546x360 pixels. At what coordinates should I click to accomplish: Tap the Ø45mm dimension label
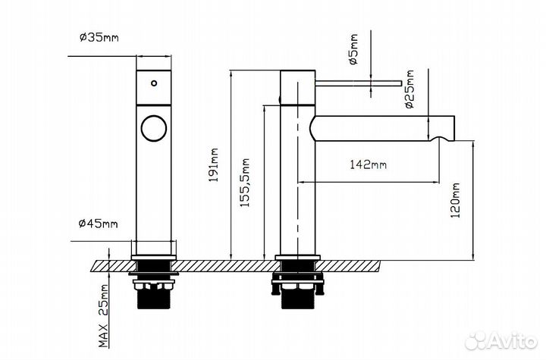99,223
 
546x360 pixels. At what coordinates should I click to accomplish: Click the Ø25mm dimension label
409,90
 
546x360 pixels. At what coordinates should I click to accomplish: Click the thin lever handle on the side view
356,80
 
